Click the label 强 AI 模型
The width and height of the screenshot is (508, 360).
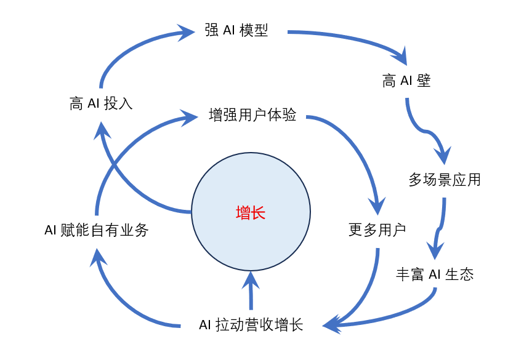pos(236,30)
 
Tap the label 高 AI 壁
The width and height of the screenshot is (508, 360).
pos(406,81)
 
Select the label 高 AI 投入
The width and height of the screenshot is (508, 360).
pos(101,103)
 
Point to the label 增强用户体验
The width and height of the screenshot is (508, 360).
pos(252,115)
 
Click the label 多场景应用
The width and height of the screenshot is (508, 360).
pos(445,180)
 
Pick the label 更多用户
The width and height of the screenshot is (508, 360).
pos(377,230)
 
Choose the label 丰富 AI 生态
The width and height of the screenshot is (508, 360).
pos(435,274)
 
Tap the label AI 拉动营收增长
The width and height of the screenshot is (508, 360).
pos(251,324)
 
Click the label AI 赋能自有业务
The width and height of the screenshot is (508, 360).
pos(97,230)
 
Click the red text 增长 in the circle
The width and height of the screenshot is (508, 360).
pos(251,213)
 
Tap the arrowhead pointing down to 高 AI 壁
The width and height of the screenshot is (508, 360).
pos(400,55)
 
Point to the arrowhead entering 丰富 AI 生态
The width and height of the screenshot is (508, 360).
pos(435,250)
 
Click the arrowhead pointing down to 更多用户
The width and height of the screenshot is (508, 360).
pos(377,206)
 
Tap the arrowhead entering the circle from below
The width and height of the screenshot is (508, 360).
pos(251,281)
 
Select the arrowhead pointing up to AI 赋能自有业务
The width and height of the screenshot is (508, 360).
pos(98,258)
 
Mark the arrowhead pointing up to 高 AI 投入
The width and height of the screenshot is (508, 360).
pos(102,131)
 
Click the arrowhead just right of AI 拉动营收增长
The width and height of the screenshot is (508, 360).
pos(332,324)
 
